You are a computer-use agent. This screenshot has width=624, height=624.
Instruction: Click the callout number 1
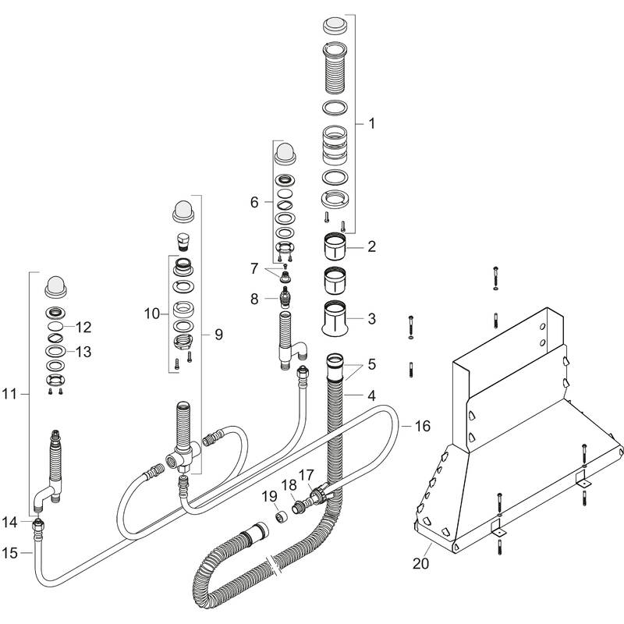pyautogui.click(x=371, y=123)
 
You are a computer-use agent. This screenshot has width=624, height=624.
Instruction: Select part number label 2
pyautogui.click(x=371, y=247)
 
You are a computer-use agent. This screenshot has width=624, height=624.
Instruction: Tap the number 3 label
pyautogui.click(x=371, y=318)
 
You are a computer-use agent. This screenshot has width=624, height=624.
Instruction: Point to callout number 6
pyautogui.click(x=253, y=202)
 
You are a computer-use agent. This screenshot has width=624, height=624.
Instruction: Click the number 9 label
pyautogui.click(x=218, y=334)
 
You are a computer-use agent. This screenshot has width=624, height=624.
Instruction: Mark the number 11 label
pyautogui.click(x=9, y=395)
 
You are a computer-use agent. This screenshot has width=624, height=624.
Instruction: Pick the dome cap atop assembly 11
pyautogui.click(x=57, y=286)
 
